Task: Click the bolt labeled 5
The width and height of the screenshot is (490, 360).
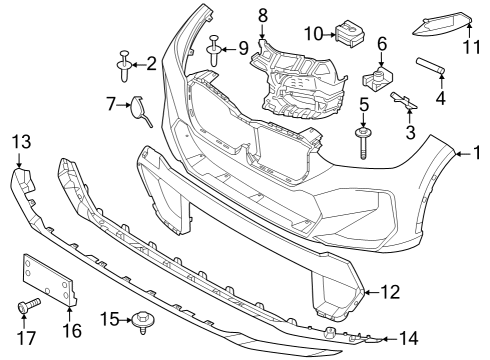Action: click(362, 135)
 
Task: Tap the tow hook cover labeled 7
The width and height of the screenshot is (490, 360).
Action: click(139, 108)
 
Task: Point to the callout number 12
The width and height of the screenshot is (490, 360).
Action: click(389, 293)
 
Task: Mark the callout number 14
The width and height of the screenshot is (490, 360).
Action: click(410, 338)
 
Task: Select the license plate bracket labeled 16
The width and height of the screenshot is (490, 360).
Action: click(48, 281)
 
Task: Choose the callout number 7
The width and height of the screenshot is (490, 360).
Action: click(111, 102)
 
